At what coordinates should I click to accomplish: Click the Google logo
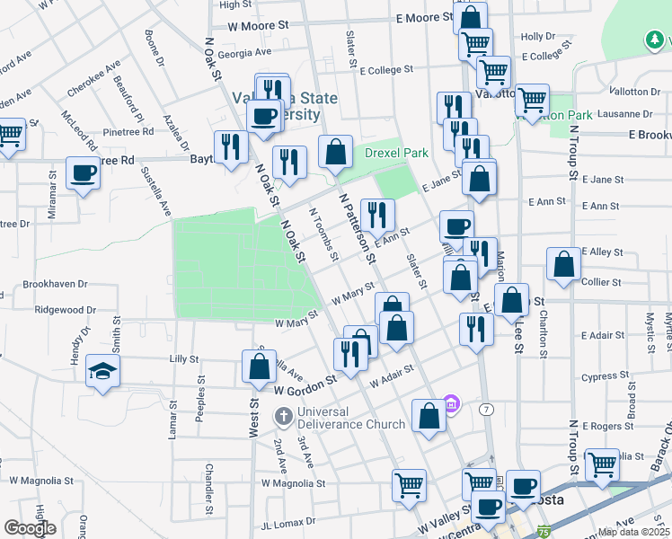click(30, 528)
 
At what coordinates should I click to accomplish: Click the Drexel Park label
click(396, 153)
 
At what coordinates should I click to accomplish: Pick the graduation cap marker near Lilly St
click(102, 372)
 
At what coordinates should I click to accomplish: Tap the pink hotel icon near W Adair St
click(451, 406)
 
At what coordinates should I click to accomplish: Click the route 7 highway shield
click(486, 409)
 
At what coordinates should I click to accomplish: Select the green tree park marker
click(658, 40)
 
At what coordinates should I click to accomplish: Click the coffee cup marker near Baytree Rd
click(83, 172)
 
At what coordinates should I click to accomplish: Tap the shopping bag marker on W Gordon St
click(259, 367)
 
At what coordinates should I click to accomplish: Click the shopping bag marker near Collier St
click(563, 265)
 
